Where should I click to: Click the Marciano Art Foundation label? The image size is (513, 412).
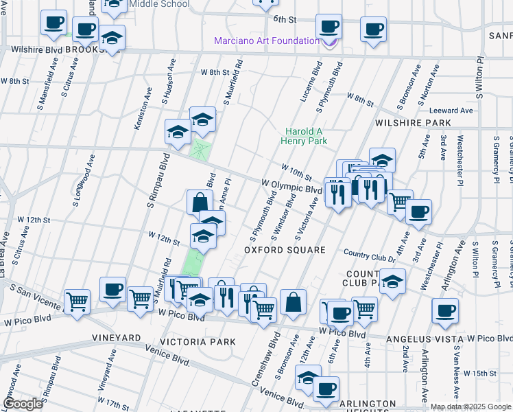tap(267, 41)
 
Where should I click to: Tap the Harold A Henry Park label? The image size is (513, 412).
tap(304, 136)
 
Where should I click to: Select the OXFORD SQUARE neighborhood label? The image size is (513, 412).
tap(285, 250)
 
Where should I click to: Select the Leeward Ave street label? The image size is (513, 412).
tap(451, 111)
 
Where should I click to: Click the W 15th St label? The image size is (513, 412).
tap(479, 373)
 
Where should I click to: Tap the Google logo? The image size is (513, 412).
tap(23, 404)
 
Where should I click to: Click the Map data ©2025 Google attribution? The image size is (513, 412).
tap(470, 407)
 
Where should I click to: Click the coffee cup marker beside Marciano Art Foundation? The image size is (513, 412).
tap(329, 27)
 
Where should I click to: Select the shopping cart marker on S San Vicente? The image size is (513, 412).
tap(77, 300)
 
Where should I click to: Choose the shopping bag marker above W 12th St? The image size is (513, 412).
tap(200, 201)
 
